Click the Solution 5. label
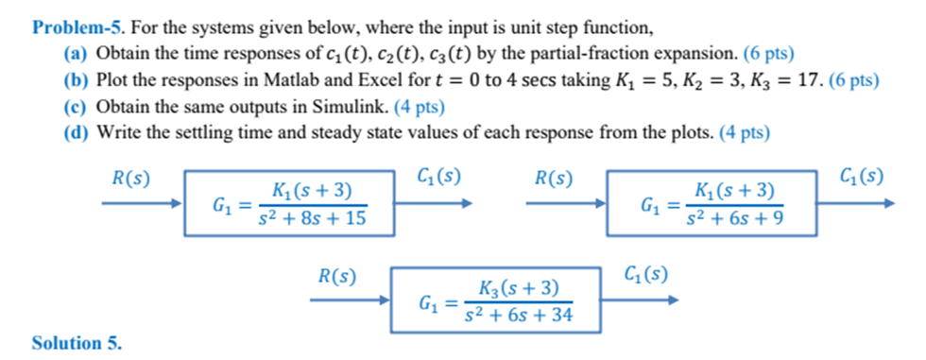pyautogui.click(x=77, y=343)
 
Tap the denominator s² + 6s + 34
pyautogui.click(x=520, y=315)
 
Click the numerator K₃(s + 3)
pyautogui.click(x=519, y=287)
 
